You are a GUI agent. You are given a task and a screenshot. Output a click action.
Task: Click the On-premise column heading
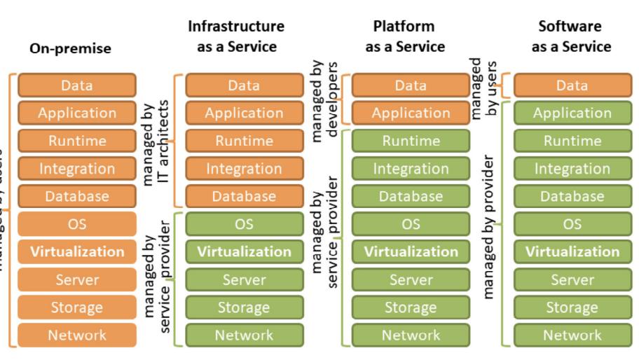[x=70, y=49]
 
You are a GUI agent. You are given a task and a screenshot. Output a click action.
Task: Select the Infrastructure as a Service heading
[x=235, y=36]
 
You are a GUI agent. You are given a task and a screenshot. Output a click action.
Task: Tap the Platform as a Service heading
[x=404, y=36]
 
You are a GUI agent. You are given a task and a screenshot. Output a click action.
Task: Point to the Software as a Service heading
[x=571, y=36]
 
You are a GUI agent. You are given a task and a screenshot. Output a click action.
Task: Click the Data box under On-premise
[x=77, y=85]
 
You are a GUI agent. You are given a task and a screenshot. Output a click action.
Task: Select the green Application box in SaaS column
[x=572, y=113]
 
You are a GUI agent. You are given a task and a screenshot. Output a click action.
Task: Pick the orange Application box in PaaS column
[x=411, y=113]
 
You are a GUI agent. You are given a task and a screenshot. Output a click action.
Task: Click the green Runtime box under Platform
[x=411, y=141]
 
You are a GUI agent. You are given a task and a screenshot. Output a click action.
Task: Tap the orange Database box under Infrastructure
[x=244, y=196]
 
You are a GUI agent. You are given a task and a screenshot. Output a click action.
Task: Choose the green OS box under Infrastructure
[x=244, y=224]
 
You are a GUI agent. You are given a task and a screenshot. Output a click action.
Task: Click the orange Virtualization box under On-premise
[x=77, y=251]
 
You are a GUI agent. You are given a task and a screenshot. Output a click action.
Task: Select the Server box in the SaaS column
[x=572, y=279]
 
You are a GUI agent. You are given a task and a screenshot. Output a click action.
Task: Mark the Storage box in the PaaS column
[x=411, y=307]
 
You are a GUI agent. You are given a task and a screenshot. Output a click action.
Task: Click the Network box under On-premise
[x=77, y=335]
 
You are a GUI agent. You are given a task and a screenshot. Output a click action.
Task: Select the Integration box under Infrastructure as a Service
[x=244, y=169]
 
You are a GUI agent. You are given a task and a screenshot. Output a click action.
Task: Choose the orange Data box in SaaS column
[x=572, y=85]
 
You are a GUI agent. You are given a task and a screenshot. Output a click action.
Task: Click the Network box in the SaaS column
[x=572, y=335]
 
